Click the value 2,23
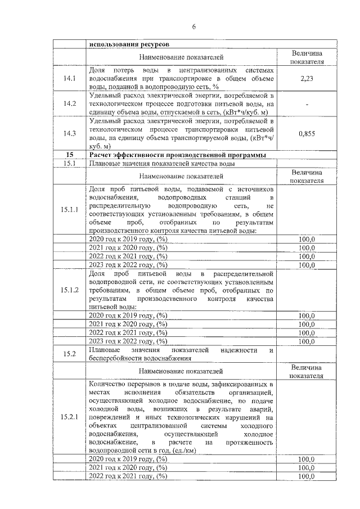click(x=307, y=79)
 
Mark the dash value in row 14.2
click(x=307, y=103)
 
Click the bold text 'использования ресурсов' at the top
click(x=125, y=44)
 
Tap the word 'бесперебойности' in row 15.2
click(x=116, y=358)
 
